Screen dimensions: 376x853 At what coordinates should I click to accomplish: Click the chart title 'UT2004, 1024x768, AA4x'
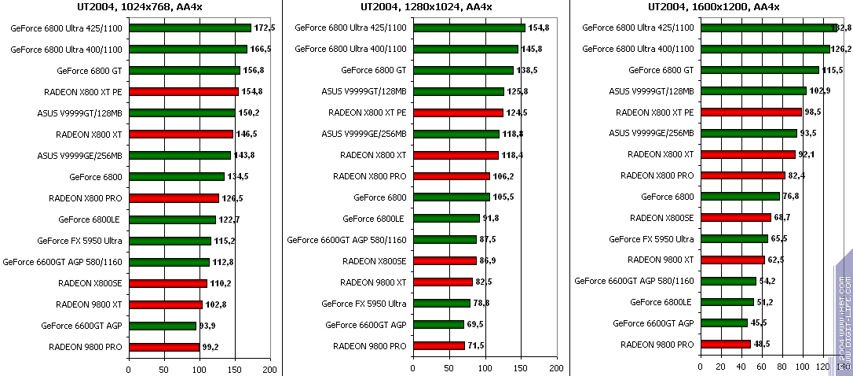click(x=141, y=7)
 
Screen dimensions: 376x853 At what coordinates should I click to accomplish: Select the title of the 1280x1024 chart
click(x=426, y=7)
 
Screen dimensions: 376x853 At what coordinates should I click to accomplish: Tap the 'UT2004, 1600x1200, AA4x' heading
click(x=713, y=7)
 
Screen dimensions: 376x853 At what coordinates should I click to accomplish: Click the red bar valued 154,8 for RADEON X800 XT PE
click(x=183, y=91)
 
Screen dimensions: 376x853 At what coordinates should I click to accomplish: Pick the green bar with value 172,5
click(x=189, y=28)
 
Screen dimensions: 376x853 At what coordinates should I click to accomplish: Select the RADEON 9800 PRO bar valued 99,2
click(x=163, y=346)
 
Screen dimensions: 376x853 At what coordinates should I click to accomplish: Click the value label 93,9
click(x=210, y=325)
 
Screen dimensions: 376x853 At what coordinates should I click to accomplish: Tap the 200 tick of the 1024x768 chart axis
click(x=270, y=368)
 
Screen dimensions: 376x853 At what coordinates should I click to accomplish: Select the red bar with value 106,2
click(x=451, y=176)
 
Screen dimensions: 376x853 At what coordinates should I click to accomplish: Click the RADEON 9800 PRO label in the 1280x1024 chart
click(x=369, y=346)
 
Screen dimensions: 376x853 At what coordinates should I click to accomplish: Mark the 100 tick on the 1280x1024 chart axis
click(x=485, y=368)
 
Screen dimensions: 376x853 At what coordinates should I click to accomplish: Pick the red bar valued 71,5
click(x=438, y=346)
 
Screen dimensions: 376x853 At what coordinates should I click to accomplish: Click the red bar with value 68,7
click(x=735, y=218)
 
